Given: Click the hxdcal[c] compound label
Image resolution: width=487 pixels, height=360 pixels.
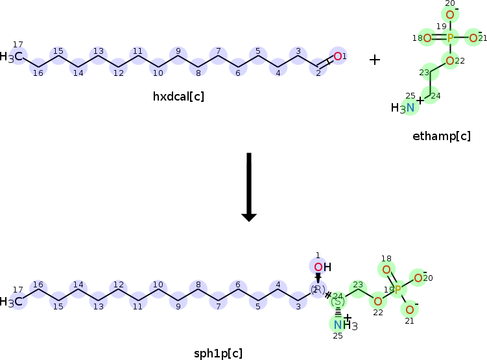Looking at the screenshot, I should (x=178, y=97).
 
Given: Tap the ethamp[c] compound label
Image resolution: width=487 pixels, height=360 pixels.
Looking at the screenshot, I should (x=441, y=136).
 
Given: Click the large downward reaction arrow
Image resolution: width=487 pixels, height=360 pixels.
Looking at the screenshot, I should (x=249, y=187).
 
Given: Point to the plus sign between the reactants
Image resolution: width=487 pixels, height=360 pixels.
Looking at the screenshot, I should (x=375, y=60).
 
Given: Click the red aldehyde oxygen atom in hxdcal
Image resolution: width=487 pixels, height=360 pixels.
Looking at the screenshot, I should (x=337, y=56).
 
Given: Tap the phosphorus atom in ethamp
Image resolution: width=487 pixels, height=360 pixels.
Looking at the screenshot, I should (x=450, y=38).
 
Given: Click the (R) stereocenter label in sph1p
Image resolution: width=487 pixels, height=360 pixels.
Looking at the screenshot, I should (x=318, y=289).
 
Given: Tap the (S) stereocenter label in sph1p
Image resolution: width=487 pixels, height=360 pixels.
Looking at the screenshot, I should (x=338, y=301).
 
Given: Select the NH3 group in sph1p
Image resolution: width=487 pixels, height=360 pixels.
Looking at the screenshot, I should (x=341, y=324).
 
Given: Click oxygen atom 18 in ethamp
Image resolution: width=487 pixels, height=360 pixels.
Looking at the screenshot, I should (x=427, y=38).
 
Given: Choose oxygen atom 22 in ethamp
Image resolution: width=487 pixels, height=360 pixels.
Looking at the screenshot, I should (x=450, y=61).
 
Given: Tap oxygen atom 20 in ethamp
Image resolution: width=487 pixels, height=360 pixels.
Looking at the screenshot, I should (x=450, y=14).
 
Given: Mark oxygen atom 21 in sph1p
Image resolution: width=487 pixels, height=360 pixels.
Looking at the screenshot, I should (x=409, y=309).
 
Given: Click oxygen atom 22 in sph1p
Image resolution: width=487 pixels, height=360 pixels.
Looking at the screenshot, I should (x=377, y=301).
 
